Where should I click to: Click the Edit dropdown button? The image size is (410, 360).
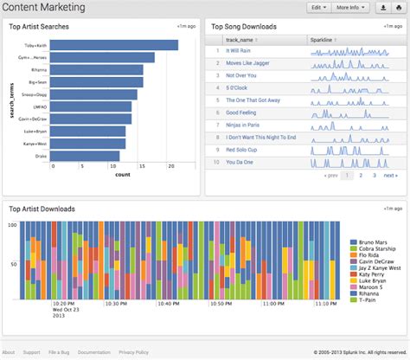coord(317,8)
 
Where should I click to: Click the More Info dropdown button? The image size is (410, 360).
coord(350,8)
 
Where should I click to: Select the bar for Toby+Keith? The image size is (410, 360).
coord(113,45)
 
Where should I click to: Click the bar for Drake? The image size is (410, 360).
coord(84,157)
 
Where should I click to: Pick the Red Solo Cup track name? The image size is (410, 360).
coord(243,150)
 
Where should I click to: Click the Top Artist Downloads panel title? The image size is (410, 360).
coord(42,209)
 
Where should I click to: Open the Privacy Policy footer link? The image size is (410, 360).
coord(133,353)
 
